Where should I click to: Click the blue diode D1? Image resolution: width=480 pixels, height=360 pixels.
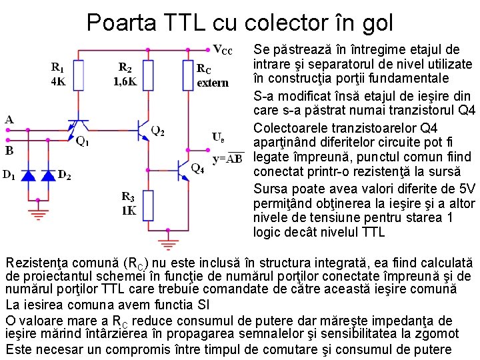coord(29,175)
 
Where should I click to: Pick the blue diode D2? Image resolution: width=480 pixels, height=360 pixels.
coord(49,175)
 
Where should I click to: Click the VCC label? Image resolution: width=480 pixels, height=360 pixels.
coord(222,50)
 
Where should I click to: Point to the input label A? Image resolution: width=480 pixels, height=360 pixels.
coord(9,120)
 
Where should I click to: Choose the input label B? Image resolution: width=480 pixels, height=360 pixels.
coord(9,151)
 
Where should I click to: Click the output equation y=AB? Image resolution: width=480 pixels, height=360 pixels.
coord(227,159)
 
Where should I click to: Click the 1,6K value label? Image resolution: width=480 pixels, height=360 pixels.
coord(125,82)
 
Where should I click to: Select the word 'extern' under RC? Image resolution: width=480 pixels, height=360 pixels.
coord(213,83)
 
